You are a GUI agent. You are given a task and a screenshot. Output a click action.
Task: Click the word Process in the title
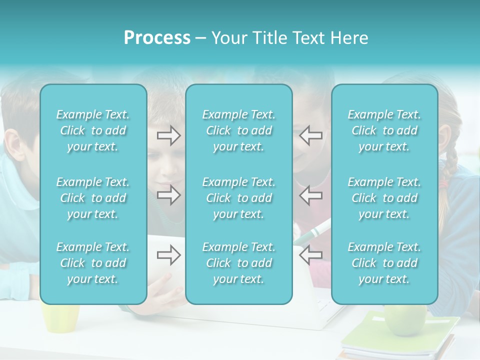pos(157,38)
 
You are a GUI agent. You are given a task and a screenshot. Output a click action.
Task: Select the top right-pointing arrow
pos(168,135)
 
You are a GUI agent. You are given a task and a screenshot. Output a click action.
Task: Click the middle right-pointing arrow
pos(168,194)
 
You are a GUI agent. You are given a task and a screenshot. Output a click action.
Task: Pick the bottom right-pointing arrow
pos(168,255)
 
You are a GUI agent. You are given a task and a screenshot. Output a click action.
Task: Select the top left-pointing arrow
pos(310,135)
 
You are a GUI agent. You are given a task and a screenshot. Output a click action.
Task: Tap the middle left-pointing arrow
pos(310,194)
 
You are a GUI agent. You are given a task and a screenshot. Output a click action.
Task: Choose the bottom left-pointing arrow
pos(310,255)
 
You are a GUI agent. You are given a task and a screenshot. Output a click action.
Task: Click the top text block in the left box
pos(93,130)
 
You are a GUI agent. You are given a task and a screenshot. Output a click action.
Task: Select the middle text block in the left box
pos(93,198)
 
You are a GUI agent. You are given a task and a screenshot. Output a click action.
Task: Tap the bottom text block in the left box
pos(93,263)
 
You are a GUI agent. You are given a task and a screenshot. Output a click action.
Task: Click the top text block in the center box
pos(238,130)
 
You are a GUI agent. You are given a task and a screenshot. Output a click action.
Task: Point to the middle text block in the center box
pos(238,198)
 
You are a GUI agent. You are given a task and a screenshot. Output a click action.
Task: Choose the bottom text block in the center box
pos(238,263)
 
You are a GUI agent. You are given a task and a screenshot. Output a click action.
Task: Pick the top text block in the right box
pos(384,130)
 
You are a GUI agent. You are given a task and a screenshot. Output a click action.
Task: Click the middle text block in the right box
pos(384,198)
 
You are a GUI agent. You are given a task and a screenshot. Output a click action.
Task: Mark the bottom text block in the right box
pos(384,263)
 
